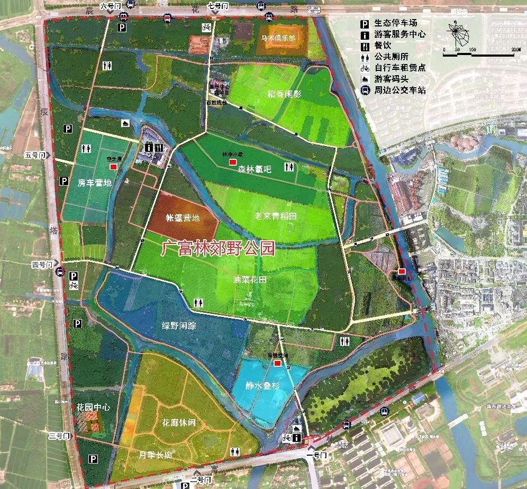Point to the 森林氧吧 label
[254, 169]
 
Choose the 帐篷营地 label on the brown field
[183, 218]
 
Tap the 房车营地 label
[95, 183]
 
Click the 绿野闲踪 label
[179, 325]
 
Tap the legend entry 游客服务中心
[399, 34]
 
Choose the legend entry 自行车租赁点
[399, 68]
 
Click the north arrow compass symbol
[459, 33]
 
